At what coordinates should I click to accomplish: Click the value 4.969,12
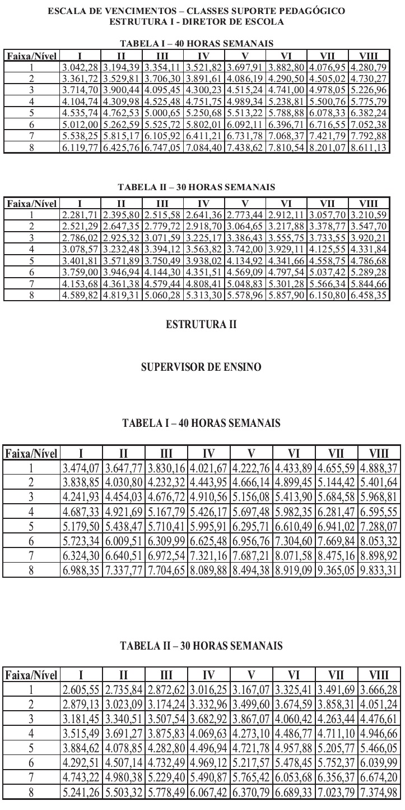tap(209, 750)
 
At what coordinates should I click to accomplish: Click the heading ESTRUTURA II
tap(202, 324)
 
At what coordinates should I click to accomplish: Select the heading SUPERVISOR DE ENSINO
tap(202, 368)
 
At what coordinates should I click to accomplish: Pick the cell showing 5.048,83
tap(245, 284)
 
